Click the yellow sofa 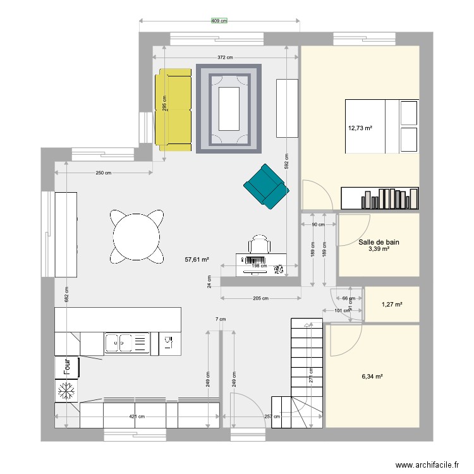click(173, 110)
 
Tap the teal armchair click(266, 186)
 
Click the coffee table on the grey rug click(228, 109)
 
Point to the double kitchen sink click(126, 343)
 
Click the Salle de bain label click(379, 242)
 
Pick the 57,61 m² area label click(197, 259)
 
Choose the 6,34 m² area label click(373, 376)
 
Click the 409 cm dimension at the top click(219, 21)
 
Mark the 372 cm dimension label click(225, 58)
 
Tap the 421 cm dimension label click(137, 416)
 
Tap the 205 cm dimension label click(260, 298)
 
